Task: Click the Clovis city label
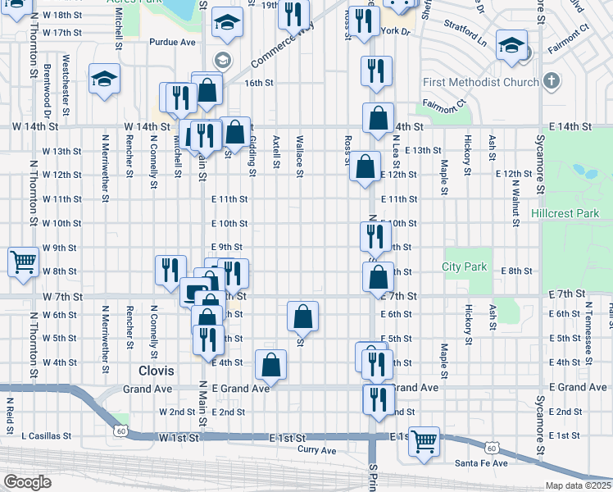coord(157,371)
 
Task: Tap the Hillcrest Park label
coord(565,212)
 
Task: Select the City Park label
coord(464,266)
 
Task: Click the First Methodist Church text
coord(481,83)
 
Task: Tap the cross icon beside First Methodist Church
coord(552,82)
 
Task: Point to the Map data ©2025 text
coord(579,485)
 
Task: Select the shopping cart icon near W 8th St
coord(23,262)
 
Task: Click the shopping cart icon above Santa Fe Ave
coord(425,441)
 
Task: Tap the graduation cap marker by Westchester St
coord(105,79)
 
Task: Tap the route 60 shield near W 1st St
coord(120,430)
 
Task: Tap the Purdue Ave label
coord(172,41)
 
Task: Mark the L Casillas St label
coord(46,435)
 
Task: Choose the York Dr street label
coord(395,30)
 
